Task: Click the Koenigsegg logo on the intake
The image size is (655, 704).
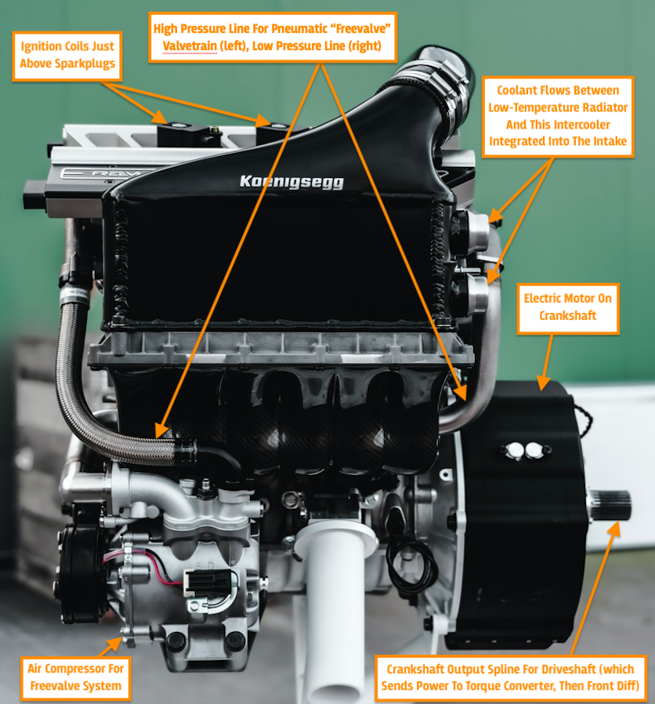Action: click(x=291, y=181)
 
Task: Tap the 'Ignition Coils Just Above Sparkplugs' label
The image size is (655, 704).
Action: click(x=67, y=56)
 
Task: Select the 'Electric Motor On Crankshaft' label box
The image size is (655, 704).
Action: click(x=567, y=308)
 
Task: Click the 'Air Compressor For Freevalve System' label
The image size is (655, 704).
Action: click(x=75, y=678)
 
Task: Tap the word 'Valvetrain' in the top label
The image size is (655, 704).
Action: click(x=190, y=45)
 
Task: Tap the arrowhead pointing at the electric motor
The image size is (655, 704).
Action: click(x=543, y=383)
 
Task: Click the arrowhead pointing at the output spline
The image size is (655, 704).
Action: click(x=613, y=529)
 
